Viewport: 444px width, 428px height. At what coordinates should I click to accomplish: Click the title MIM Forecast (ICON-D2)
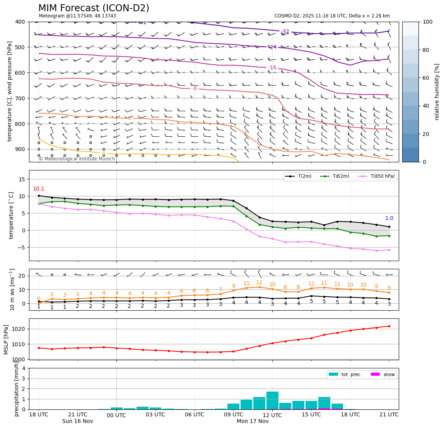(x=94, y=8)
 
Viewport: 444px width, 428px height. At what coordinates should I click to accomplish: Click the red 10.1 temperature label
(x=39, y=189)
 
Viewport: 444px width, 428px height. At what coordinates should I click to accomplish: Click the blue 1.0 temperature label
(x=389, y=218)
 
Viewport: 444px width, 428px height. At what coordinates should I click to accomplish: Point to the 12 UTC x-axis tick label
(x=272, y=415)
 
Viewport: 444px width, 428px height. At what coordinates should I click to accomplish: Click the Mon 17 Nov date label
(x=253, y=421)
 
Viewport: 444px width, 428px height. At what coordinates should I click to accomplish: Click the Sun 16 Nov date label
(x=78, y=421)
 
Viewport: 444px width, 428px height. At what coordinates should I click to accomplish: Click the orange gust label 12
(x=259, y=283)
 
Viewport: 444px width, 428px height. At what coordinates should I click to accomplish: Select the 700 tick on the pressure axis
(x=20, y=98)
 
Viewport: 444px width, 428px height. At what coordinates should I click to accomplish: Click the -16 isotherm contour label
(x=272, y=68)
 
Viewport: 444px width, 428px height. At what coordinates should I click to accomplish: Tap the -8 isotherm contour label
(x=195, y=88)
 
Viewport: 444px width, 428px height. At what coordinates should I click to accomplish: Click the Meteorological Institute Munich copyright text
(x=77, y=159)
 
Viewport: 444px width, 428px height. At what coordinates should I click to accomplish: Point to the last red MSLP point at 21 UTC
(x=389, y=326)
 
